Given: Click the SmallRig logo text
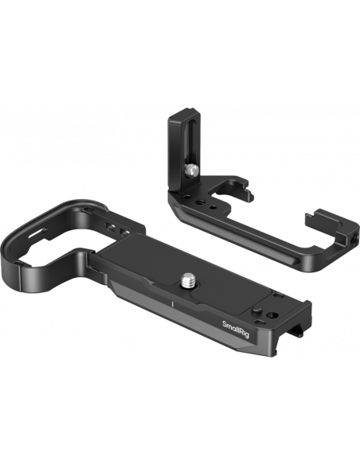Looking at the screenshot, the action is point(236,329).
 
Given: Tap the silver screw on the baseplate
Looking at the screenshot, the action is point(187,280).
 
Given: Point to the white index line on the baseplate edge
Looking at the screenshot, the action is point(172,304).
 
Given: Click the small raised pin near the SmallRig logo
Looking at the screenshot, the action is point(256,311).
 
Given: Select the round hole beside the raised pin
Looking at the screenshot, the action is point(272,315).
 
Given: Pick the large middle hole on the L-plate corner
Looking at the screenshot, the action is point(198,202).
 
